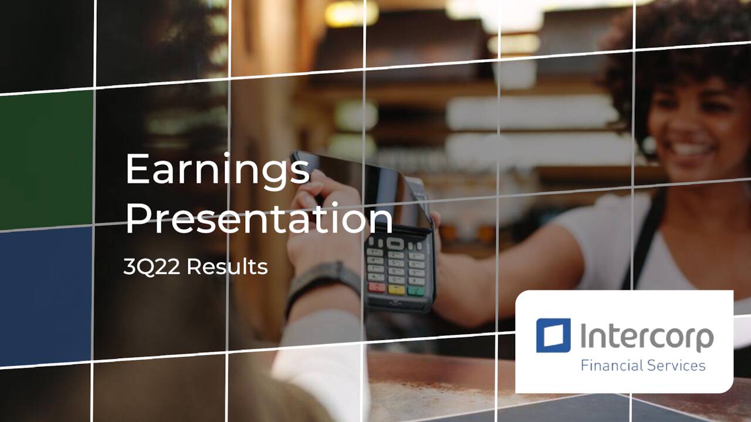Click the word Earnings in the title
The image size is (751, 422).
pos(217,170)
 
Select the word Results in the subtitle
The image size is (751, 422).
pos(228,267)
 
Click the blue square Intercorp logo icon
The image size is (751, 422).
pos(553,335)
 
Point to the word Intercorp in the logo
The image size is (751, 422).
pos(647,336)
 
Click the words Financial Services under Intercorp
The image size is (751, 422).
pos(642,366)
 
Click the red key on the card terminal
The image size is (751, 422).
pos(377,287)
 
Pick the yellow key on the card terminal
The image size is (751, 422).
pos(397,289)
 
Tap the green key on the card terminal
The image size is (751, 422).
pos(415,291)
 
